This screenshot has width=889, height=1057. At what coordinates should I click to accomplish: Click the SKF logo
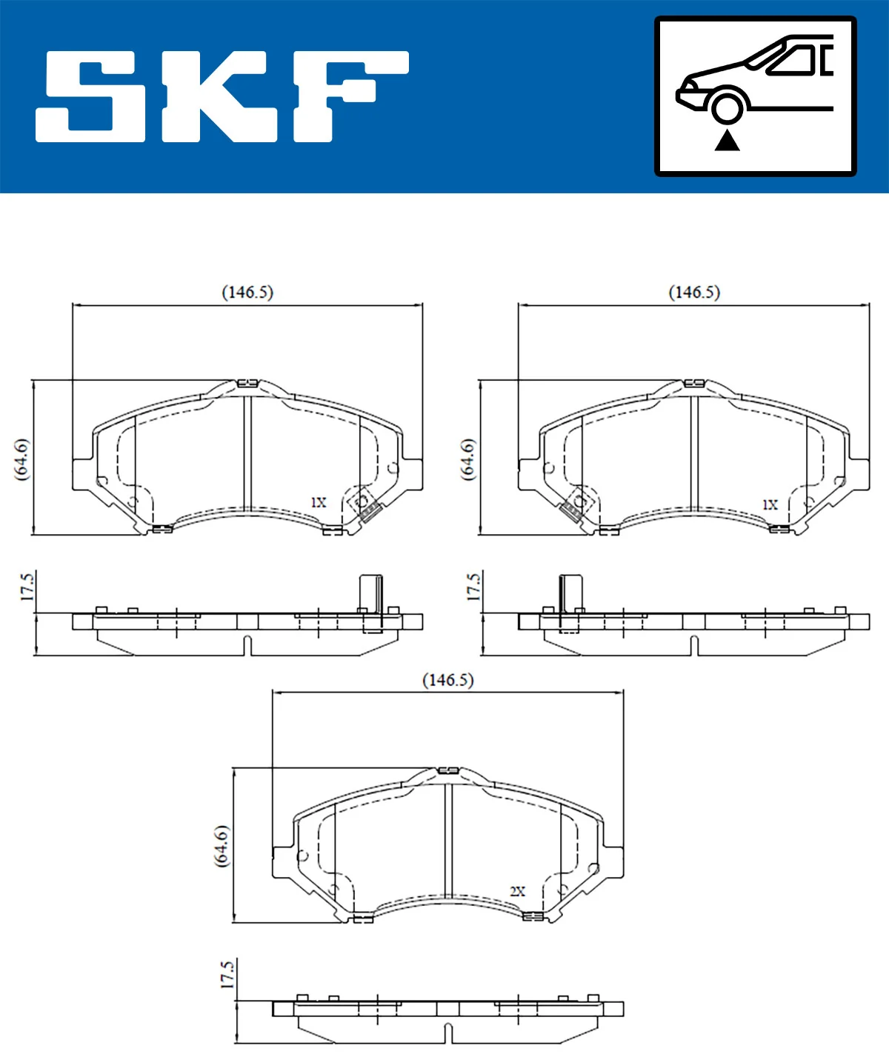pyautogui.click(x=222, y=96)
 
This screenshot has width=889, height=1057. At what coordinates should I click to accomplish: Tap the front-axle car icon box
pyautogui.click(x=755, y=96)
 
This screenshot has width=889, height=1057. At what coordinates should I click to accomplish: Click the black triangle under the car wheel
pyautogui.click(x=727, y=140)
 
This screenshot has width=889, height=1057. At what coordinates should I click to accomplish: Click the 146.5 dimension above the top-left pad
pyautogui.click(x=247, y=293)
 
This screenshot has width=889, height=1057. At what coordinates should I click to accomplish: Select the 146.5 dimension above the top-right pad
pyautogui.click(x=694, y=293)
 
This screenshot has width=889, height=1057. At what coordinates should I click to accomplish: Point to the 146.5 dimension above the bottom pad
pyautogui.click(x=447, y=680)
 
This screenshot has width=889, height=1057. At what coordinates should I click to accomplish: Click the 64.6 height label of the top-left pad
pyautogui.click(x=21, y=459)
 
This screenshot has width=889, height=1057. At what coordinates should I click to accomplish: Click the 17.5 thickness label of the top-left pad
pyautogui.click(x=27, y=587)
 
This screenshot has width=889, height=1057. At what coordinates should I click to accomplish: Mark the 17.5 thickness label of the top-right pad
pyautogui.click(x=473, y=587)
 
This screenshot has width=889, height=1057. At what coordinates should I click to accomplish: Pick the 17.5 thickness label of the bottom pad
pyautogui.click(x=227, y=975)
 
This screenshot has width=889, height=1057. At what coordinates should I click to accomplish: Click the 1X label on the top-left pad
pyautogui.click(x=318, y=502)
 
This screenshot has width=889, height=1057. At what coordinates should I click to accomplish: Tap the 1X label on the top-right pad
pyautogui.click(x=770, y=504)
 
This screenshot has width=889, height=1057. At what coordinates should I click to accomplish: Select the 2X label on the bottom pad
pyautogui.click(x=517, y=891)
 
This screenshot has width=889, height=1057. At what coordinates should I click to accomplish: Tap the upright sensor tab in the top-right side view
pyautogui.click(x=570, y=593)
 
